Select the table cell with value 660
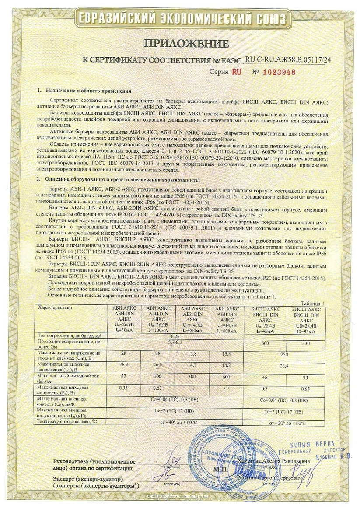[x=265, y=343]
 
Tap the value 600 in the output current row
[x=226, y=376]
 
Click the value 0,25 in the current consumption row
[x=175, y=335]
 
